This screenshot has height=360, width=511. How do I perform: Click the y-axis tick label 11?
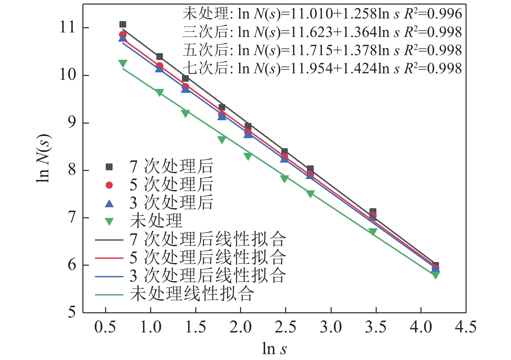point(67,27)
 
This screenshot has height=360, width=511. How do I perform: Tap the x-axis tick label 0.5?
point(105,327)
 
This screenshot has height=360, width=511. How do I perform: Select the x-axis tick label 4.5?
point(466,327)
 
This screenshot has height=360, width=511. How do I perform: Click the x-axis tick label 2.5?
point(285,327)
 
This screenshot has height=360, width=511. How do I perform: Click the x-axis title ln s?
point(274,349)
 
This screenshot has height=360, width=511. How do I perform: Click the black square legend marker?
point(109,167)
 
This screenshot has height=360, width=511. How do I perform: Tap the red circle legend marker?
point(109,185)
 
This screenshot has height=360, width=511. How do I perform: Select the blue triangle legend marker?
point(109,204)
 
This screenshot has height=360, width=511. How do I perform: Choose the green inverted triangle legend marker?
point(109,222)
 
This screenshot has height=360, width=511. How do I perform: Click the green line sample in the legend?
point(109,295)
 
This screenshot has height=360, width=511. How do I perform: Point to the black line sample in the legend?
point(109,240)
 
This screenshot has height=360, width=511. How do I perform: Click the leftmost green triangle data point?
point(123,63)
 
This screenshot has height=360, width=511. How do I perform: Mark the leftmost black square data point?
point(123,24)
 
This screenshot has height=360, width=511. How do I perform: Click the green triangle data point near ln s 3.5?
point(373,232)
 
